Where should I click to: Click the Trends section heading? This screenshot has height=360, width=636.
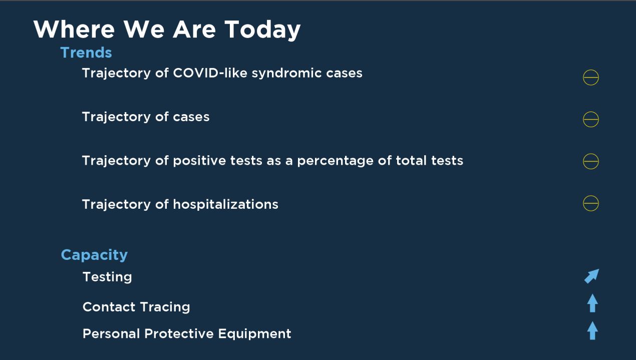(86, 53)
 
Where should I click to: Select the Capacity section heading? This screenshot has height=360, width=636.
(94, 255)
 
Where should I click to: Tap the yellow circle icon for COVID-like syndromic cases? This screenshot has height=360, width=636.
(591, 70)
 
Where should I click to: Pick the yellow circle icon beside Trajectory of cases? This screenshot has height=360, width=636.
(591, 112)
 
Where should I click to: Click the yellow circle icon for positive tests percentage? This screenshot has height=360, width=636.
(591, 154)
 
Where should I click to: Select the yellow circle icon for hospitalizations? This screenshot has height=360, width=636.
(591, 196)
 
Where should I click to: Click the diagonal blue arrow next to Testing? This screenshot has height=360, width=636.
(592, 276)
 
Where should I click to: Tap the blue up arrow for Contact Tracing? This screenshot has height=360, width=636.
(592, 303)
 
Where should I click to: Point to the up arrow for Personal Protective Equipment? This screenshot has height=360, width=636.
(592, 330)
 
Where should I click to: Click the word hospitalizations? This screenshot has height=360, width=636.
(226, 204)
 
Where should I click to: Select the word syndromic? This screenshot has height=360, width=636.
(286, 74)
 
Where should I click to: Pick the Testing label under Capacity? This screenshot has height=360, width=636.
(107, 277)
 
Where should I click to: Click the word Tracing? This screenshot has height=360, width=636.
(165, 307)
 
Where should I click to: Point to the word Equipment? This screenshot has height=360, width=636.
(255, 334)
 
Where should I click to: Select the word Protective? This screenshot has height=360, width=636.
(179, 333)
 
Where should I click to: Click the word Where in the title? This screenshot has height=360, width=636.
(74, 29)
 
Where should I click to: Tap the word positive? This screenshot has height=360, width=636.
(199, 161)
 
